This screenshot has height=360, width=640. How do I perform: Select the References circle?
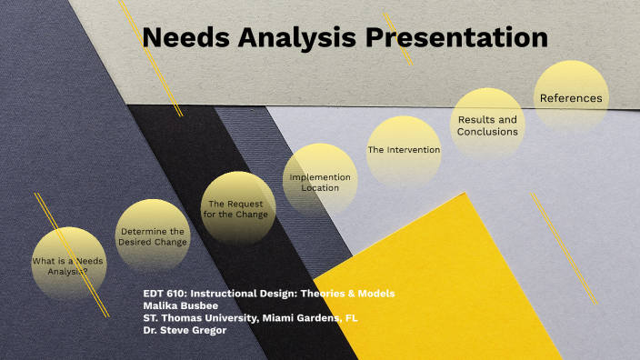(570, 97)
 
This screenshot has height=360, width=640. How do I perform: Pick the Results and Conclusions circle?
(488, 125)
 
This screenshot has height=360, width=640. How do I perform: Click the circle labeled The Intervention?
(404, 150)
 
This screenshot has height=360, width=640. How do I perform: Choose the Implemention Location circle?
(320, 182)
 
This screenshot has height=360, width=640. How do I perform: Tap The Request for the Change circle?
(237, 209)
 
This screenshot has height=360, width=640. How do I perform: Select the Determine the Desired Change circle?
(152, 237)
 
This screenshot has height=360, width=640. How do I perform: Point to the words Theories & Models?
(351, 294)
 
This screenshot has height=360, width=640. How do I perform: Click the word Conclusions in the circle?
(488, 132)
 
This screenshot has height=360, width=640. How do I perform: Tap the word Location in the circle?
(320, 188)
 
